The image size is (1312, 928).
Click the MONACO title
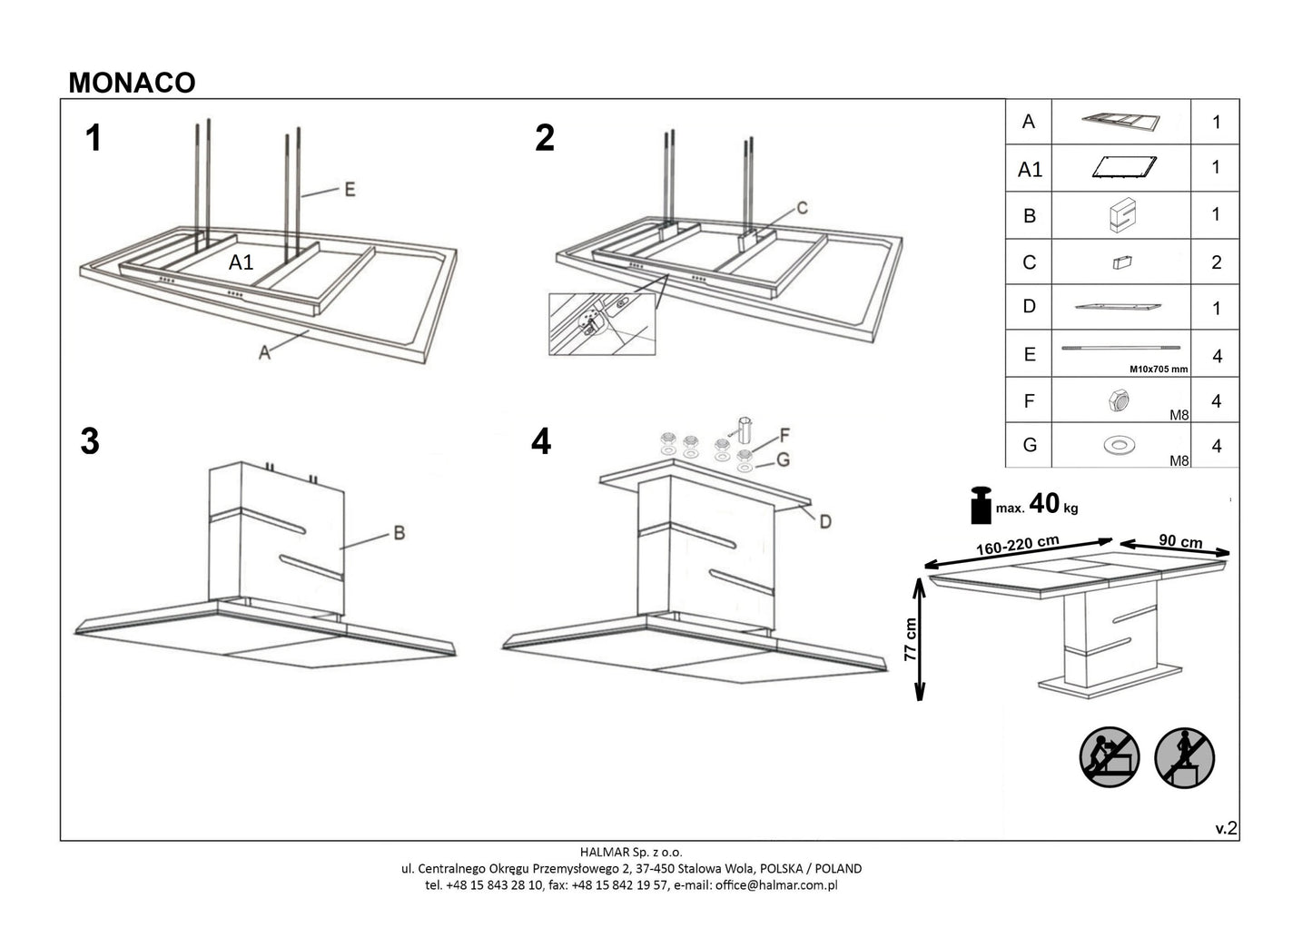132,83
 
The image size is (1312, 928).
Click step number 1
92,139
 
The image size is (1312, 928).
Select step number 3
89,441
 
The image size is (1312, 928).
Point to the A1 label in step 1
241,263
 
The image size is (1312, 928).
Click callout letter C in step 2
802,208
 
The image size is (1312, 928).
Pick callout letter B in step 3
398,533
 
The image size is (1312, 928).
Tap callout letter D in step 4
824,521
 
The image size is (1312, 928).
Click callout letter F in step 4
784,433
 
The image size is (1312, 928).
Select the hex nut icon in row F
1119,400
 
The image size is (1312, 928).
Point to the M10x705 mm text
1158,370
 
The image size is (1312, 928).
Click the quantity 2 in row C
1216,262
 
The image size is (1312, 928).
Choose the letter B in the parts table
1029,216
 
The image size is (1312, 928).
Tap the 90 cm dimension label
1180,542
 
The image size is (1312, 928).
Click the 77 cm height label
912,641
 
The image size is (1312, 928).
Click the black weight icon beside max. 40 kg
981,506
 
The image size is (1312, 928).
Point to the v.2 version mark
1226,827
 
